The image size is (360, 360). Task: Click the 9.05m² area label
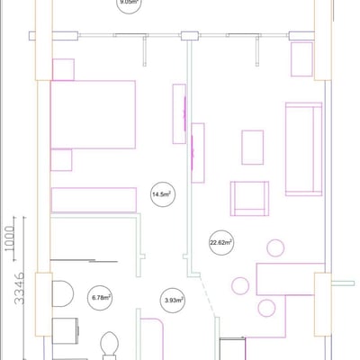(128, 4)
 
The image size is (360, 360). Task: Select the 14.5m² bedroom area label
(162, 193)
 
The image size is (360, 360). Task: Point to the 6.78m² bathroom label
(100, 297)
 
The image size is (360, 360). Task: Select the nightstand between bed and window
(63, 69)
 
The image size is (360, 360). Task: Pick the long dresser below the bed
(91, 200)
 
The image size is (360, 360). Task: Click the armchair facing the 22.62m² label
(250, 199)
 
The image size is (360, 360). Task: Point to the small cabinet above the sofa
(302, 58)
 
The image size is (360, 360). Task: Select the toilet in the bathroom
(60, 294)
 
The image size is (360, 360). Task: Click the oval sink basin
(109, 344)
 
